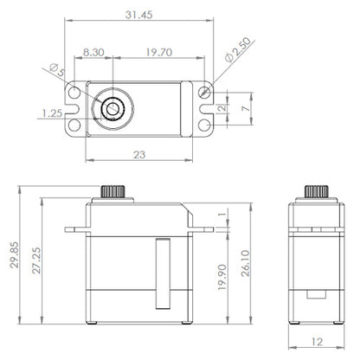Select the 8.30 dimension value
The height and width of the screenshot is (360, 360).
[95, 52]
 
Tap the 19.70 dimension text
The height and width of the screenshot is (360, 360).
[159, 52]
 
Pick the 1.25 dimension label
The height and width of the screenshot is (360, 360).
[50, 112]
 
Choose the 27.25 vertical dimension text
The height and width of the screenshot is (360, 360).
[35, 260]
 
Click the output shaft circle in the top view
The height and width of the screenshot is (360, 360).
[111, 108]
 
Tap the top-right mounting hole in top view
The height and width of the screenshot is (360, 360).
[204, 91]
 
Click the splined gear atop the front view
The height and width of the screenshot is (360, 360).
[111, 190]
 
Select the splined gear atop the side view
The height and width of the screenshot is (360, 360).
[314, 190]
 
